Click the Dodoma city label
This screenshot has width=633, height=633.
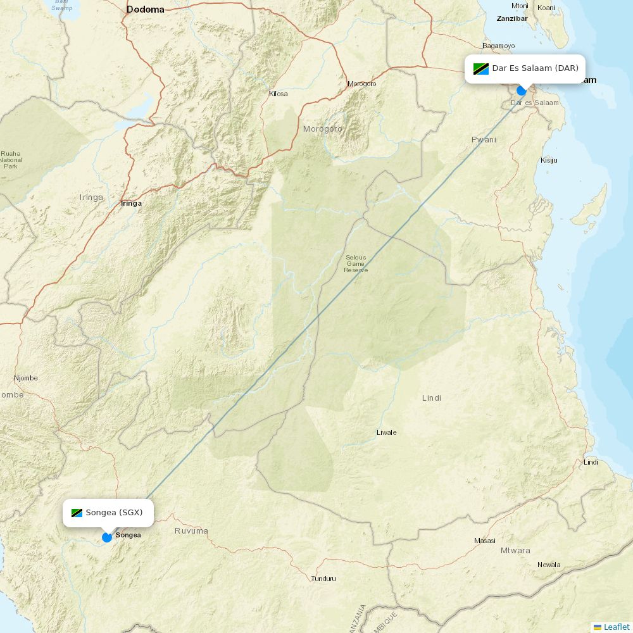[x=145, y=9]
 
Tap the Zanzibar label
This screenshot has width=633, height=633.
[x=511, y=18]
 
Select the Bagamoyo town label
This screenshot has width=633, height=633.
[x=498, y=46]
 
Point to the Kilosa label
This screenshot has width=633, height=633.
[x=278, y=94]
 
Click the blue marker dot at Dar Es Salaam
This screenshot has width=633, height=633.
[x=522, y=91]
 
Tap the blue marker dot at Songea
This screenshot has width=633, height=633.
[x=107, y=537]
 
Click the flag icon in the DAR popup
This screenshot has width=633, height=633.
[x=481, y=68]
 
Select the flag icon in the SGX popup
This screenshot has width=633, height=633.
[x=77, y=513]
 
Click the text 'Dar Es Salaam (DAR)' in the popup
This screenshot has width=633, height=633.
[x=535, y=68]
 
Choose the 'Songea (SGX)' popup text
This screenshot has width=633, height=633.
[x=115, y=513]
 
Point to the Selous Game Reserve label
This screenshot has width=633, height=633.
[x=356, y=263]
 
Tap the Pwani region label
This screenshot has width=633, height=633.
[x=484, y=139]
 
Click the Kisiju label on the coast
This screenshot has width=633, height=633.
[x=549, y=160]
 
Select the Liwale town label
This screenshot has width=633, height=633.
[x=386, y=432]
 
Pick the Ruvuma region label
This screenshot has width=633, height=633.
[x=191, y=531]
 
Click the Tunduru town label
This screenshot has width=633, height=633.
[x=323, y=579]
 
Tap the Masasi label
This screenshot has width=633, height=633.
[x=485, y=541]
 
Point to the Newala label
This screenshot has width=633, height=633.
[x=549, y=565]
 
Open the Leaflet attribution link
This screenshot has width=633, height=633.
[x=616, y=627]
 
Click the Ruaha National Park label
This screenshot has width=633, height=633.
[x=11, y=160]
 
